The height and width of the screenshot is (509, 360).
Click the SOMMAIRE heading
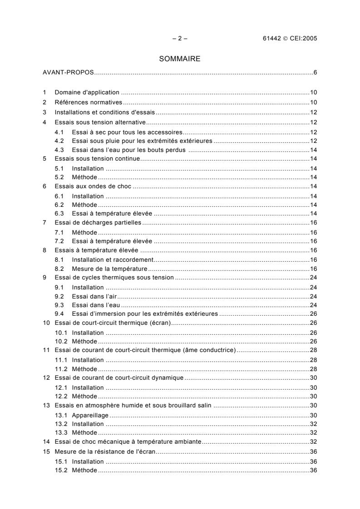180,59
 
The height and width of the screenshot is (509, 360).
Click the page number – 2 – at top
180,39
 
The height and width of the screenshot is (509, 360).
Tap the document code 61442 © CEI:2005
286,39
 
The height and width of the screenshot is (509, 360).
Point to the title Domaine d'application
87,93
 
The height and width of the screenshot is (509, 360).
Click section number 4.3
59,150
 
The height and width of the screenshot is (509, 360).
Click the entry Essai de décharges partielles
98,223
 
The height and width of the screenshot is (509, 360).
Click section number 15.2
61,470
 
